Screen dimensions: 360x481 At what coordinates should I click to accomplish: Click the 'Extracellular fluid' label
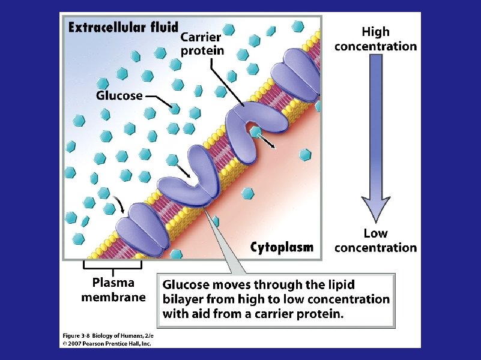[x=123, y=27]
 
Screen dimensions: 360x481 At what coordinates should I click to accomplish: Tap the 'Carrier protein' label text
[x=202, y=44]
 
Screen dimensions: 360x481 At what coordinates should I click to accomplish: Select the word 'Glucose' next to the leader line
[x=119, y=95]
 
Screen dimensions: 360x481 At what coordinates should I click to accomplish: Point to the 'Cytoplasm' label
[x=282, y=247]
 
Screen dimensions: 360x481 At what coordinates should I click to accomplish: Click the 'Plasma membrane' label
[x=113, y=289]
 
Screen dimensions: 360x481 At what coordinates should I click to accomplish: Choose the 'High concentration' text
[x=375, y=39]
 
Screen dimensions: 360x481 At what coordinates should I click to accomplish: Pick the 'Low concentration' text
[x=375, y=240]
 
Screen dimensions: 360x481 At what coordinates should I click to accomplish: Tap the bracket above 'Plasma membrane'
[x=113, y=264]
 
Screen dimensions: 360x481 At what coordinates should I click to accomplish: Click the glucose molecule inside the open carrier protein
[x=255, y=131]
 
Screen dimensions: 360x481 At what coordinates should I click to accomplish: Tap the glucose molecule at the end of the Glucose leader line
[x=174, y=109]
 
